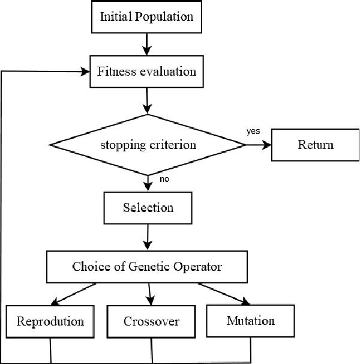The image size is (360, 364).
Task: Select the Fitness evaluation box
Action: click(x=146, y=71)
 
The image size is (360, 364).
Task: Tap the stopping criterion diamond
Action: click(x=148, y=145)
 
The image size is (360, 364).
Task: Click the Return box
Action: click(x=315, y=145)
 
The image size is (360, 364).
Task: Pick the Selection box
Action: click(x=148, y=208)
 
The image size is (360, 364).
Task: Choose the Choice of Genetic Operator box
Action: click(x=147, y=266)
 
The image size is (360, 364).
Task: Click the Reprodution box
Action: click(x=50, y=321)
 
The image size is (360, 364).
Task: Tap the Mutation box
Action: click(x=250, y=320)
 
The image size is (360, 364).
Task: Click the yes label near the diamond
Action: click(x=253, y=130)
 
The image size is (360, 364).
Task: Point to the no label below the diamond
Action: click(x=164, y=179)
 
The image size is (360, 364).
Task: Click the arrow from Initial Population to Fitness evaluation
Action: click(x=146, y=44)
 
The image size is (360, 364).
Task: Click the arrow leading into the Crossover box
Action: click(x=150, y=294)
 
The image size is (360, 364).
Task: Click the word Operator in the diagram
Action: click(x=197, y=266)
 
